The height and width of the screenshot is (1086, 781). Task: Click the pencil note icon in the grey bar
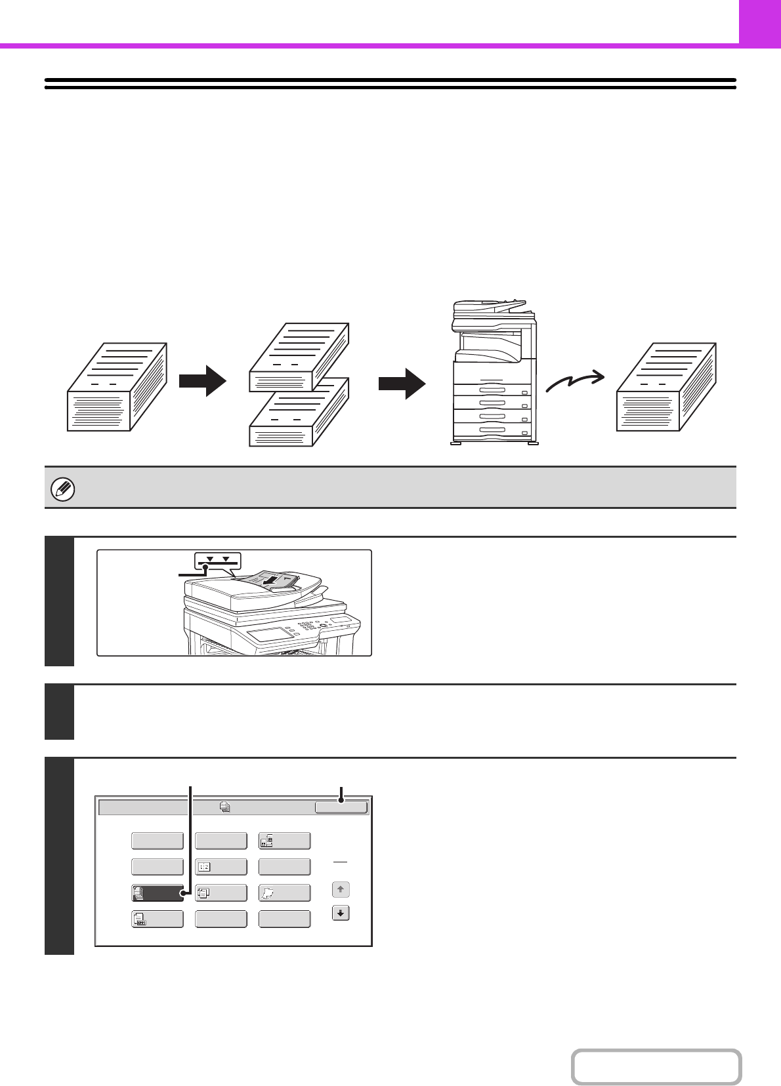click(x=63, y=489)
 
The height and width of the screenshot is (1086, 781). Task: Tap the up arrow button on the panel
click(x=341, y=890)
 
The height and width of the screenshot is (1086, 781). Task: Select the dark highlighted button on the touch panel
click(x=158, y=893)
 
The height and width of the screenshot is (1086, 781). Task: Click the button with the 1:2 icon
click(x=221, y=867)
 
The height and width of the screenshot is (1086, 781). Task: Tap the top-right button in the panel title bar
click(x=341, y=807)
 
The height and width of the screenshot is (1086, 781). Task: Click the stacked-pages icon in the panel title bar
click(x=225, y=807)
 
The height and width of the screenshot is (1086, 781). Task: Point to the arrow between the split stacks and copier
click(x=402, y=383)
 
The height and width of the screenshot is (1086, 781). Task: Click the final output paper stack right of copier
click(x=666, y=387)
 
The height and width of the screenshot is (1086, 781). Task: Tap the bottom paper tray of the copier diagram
click(x=492, y=431)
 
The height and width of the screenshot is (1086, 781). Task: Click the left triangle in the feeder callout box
click(x=209, y=559)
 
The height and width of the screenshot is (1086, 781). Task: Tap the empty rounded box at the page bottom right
click(x=656, y=1067)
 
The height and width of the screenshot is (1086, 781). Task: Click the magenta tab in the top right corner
click(x=759, y=22)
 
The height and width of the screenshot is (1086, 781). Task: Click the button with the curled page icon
click(x=285, y=893)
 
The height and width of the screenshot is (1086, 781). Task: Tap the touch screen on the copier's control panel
click(x=271, y=633)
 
